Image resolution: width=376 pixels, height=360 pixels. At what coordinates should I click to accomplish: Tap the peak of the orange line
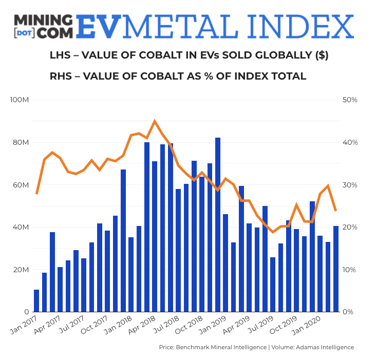[x=155, y=121]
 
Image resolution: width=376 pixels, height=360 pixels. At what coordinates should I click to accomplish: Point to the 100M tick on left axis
[x=20, y=100]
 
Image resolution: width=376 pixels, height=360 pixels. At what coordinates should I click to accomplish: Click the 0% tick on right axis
[x=347, y=312]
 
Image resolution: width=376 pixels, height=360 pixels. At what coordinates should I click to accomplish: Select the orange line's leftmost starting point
[x=36, y=193]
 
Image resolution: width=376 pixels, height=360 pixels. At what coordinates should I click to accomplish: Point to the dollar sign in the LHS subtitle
[x=321, y=55]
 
